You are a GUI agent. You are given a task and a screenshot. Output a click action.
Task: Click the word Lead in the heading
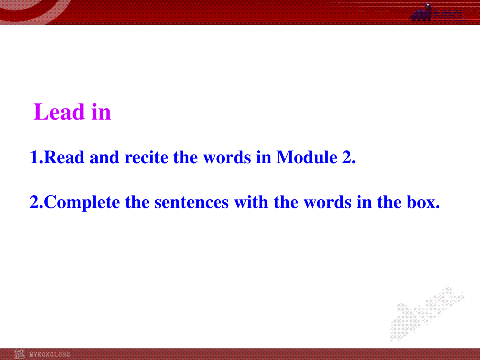(x=59, y=112)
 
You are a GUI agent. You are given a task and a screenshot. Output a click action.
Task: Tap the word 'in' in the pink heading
(x=101, y=112)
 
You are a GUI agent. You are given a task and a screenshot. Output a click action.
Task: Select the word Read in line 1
(x=64, y=157)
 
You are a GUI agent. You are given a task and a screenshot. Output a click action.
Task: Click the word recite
(x=146, y=157)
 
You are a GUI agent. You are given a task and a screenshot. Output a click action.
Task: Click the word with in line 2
(x=251, y=202)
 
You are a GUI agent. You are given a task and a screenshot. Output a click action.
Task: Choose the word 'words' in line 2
(x=328, y=202)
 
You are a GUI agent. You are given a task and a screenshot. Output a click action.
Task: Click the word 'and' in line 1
(x=104, y=157)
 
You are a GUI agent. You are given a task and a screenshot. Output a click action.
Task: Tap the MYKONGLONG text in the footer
(x=50, y=354)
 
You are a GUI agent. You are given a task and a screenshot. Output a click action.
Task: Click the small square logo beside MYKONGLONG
(x=20, y=354)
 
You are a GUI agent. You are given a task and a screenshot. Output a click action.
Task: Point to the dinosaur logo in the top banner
(x=421, y=13)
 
